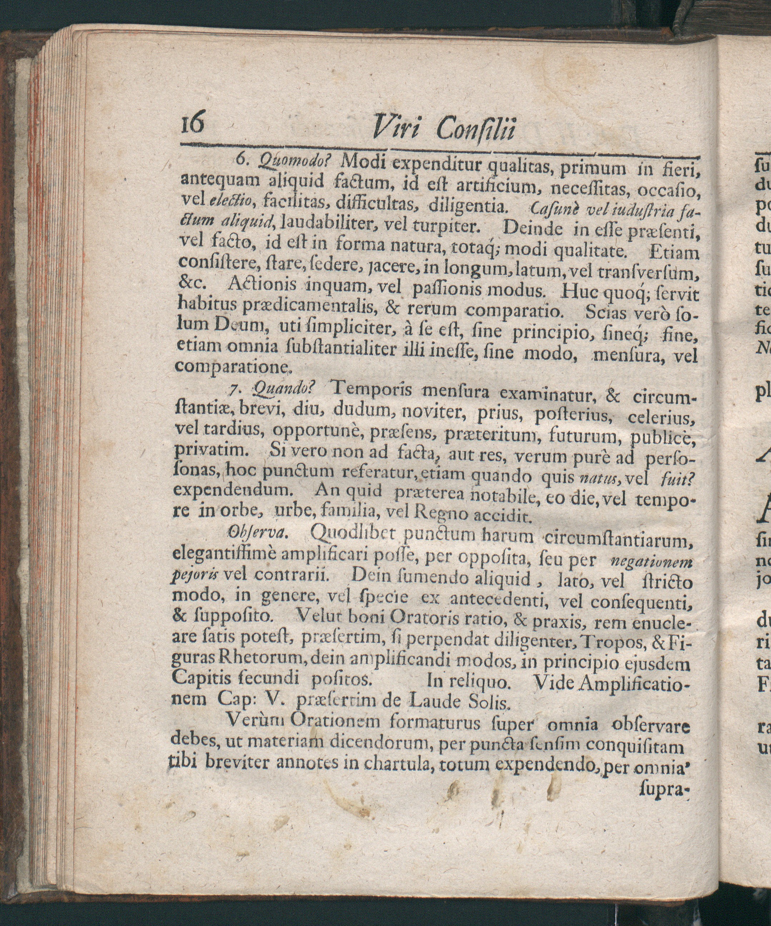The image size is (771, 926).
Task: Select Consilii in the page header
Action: tap(476, 129)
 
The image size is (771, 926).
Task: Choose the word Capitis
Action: tap(199, 678)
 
